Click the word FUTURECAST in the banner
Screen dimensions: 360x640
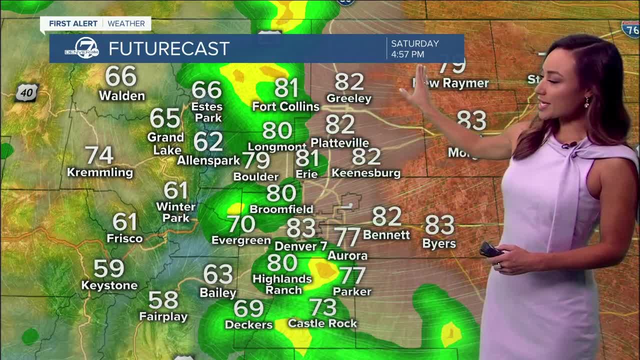[x=168, y=48]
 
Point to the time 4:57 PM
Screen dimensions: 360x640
[x=407, y=54]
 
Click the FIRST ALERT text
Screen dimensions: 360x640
[x=73, y=23]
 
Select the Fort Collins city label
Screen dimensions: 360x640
[x=285, y=106]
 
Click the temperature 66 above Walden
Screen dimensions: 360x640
[x=121, y=76]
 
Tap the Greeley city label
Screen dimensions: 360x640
[x=349, y=98]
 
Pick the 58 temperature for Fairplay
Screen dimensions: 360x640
[x=163, y=300]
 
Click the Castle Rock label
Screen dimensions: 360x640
[x=322, y=323]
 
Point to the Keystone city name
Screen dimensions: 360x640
[x=109, y=285]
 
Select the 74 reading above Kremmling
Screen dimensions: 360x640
[x=99, y=155]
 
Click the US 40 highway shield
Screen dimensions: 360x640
[x=26, y=93]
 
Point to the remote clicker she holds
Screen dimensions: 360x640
[x=490, y=249]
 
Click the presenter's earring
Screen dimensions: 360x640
[x=587, y=102]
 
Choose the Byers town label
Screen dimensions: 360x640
[x=439, y=243]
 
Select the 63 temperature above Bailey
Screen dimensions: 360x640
[x=218, y=274]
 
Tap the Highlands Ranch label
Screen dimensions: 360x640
[x=283, y=284]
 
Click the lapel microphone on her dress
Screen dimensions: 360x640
[x=567, y=145]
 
